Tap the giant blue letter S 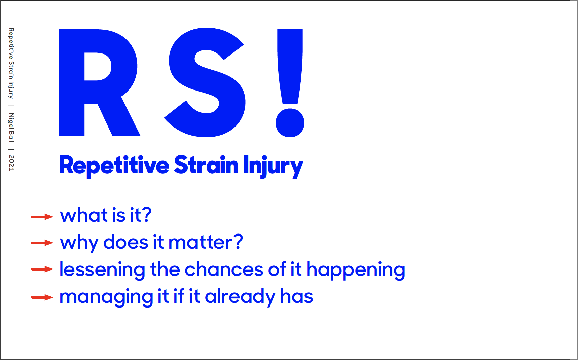click(x=205, y=82)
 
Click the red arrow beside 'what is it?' click(x=42, y=217)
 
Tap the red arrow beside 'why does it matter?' click(x=42, y=243)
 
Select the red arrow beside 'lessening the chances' click(x=42, y=269)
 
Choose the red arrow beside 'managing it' click(x=42, y=297)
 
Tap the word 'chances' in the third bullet click(x=224, y=269)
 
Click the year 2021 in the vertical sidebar click(x=12, y=163)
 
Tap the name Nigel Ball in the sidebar click(x=12, y=128)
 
